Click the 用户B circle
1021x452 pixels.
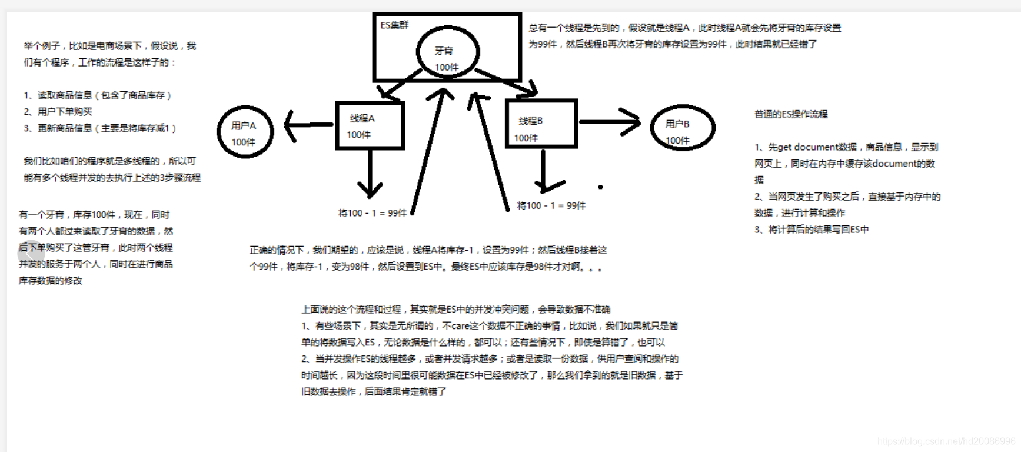pos(682,128)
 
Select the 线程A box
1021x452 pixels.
pos(370,125)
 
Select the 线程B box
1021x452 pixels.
pos(541,124)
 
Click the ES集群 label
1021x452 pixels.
pos(394,25)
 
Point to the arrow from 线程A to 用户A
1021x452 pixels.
pos(309,124)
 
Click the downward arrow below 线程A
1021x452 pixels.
pos(370,174)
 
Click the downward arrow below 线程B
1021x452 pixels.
pos(543,171)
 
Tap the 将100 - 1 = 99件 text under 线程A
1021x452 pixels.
pos(373,213)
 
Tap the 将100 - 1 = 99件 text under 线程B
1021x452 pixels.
pos(551,205)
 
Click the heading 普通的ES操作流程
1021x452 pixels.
pos(791,114)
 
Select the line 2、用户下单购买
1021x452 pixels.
pos(58,111)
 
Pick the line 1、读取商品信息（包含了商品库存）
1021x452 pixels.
pos(98,95)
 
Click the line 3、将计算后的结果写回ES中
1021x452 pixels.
pos(812,230)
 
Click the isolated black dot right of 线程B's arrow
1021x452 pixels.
pos(600,187)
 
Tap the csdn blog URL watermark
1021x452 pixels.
pos(946,441)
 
